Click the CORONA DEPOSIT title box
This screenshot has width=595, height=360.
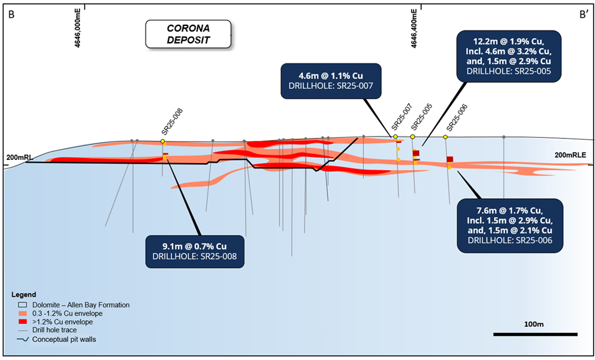pos(188,34)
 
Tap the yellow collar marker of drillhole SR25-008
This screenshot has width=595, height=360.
pos(163,142)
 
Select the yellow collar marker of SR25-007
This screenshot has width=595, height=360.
pos(396,137)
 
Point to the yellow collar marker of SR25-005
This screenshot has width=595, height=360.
pos(413,137)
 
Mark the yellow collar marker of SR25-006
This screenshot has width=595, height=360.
pos(446,137)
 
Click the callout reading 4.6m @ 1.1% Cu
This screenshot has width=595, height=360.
pos(331,81)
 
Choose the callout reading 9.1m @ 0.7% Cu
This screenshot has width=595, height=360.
pos(195,251)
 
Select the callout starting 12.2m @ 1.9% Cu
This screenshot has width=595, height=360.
pos(509,56)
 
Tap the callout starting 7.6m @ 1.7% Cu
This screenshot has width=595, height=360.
pos(510,225)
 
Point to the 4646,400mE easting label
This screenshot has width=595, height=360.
pos(414,29)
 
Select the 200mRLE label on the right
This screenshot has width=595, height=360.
pos(570,155)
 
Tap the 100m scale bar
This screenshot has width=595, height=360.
pos(535,334)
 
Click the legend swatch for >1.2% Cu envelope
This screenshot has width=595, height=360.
pos(23,322)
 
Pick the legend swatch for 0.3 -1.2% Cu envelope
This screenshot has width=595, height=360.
pos(23,314)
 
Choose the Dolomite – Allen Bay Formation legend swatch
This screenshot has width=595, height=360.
pos(23,305)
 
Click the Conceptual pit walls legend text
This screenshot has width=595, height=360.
pos(64,339)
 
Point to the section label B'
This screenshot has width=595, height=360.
pos(584,15)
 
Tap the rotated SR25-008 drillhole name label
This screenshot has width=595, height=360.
pos(172,122)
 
